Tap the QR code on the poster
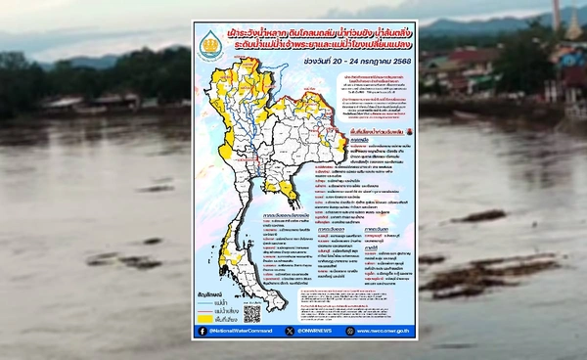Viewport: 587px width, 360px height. pyautogui.click(x=251, y=314)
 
